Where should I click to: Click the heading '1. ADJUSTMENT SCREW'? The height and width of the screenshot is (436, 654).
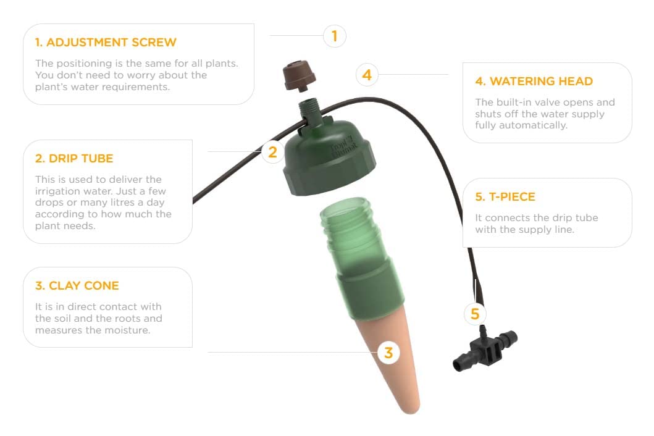[x=106, y=42]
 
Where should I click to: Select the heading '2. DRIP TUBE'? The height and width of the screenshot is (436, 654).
[x=74, y=159]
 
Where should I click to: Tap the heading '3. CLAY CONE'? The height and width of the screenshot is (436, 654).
[x=77, y=286]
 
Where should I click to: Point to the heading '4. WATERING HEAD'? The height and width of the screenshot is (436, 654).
[x=534, y=81]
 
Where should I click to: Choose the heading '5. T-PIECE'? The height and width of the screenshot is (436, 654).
[x=505, y=196]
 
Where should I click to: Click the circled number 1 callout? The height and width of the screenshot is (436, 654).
[x=335, y=36]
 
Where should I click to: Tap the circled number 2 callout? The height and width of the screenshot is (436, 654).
[x=273, y=152]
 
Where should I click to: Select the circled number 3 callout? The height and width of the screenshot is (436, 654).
[x=388, y=353]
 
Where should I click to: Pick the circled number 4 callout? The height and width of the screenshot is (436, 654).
[x=367, y=75]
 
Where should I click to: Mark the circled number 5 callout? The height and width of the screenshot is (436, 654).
[x=475, y=314]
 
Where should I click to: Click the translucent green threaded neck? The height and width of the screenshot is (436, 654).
[x=354, y=233]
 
